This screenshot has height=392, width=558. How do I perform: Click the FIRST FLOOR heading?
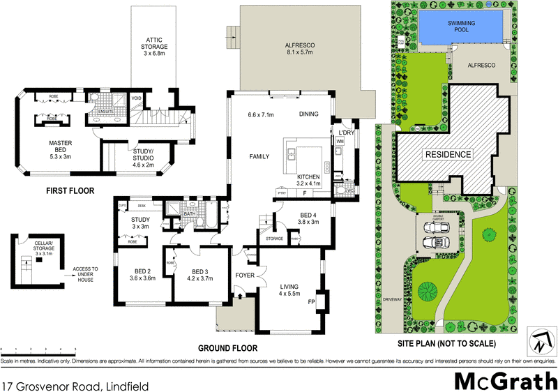pos(70,190)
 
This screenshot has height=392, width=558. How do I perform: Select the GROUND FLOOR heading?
pos(227,348)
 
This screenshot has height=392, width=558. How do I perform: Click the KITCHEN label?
pos(308,177)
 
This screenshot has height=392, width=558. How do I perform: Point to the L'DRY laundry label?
pos(347,132)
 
